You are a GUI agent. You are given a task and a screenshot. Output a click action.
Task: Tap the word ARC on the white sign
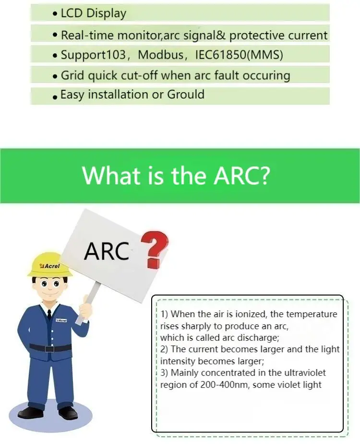107,250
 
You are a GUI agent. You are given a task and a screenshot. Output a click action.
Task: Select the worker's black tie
49,315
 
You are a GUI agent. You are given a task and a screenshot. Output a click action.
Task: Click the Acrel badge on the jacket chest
61,320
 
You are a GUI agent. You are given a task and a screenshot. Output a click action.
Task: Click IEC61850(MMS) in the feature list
239,55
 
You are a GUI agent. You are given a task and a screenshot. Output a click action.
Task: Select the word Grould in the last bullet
186,95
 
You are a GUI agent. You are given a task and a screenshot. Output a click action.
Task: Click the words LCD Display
93,13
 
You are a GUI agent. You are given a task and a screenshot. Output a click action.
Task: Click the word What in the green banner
112,176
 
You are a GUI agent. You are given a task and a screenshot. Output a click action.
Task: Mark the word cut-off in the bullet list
142,75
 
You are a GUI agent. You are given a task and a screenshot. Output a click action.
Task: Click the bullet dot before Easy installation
56,97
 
